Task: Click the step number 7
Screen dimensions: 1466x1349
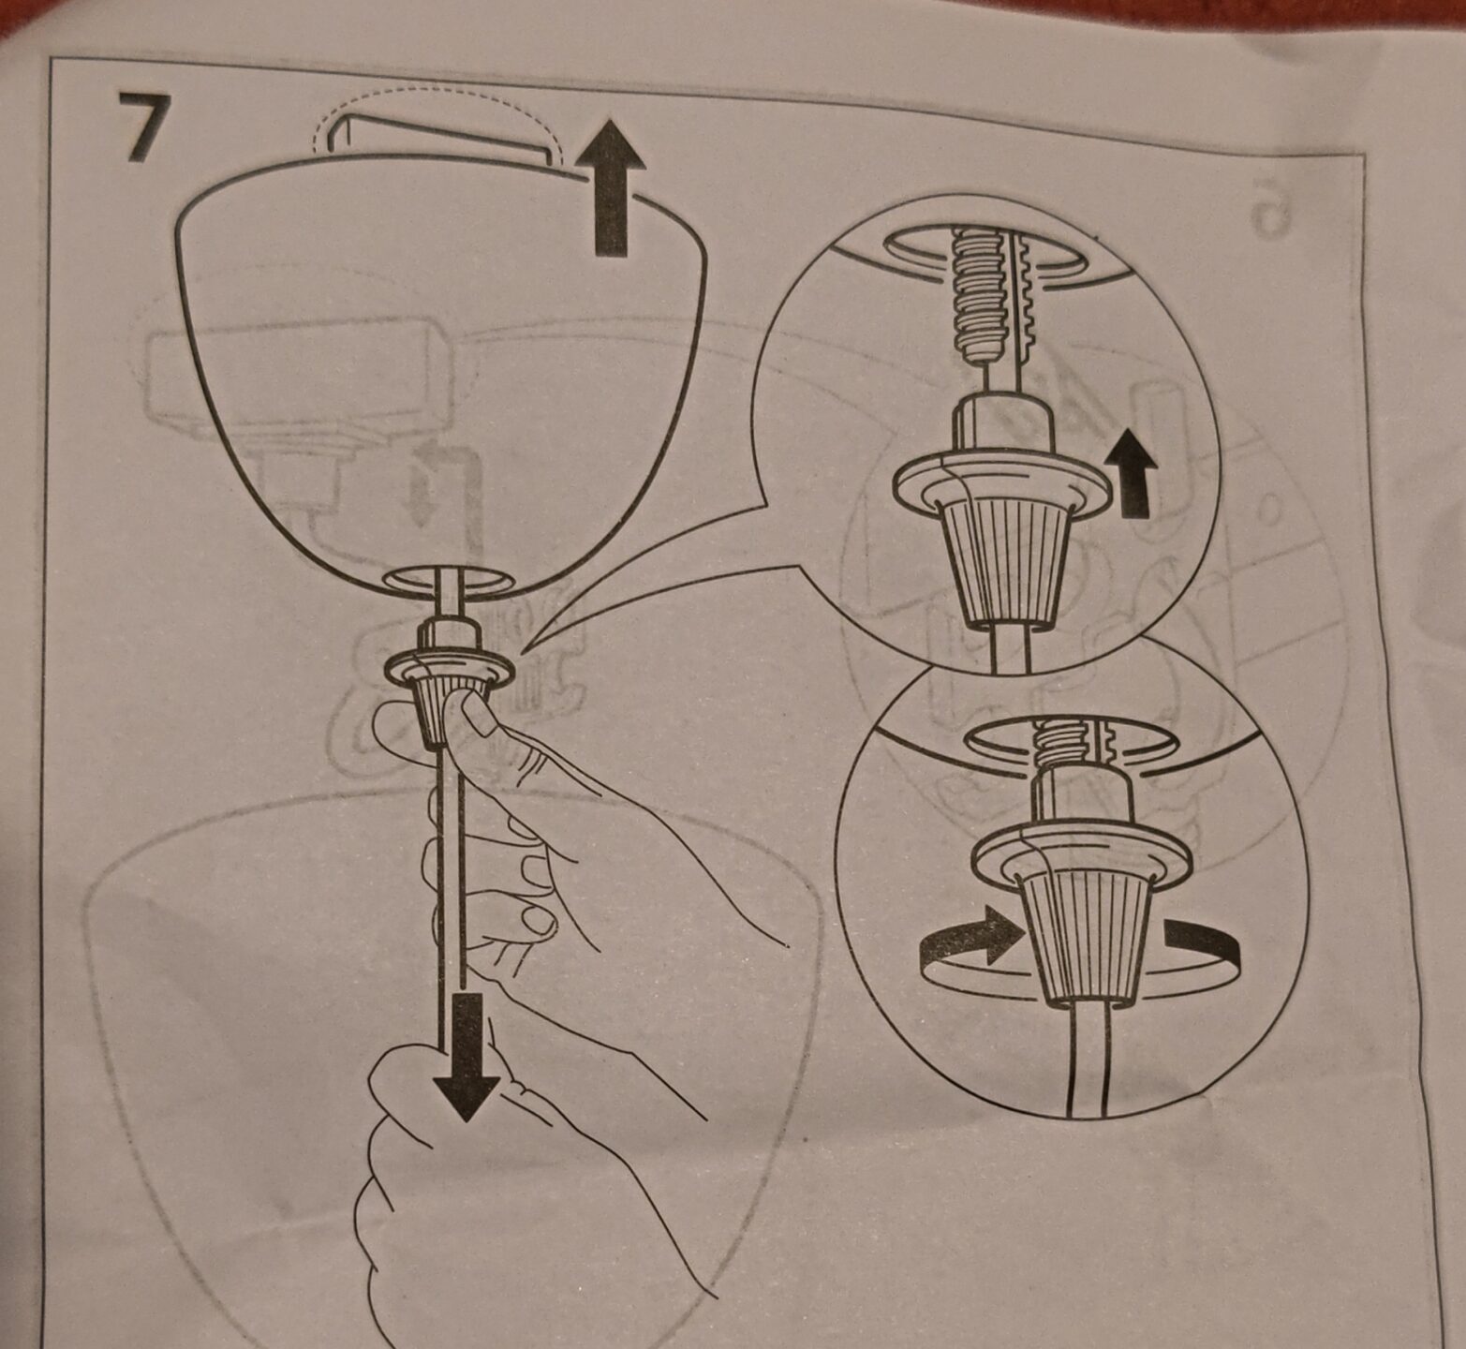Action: coord(142,126)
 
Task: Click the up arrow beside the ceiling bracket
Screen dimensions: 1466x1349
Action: coord(611,186)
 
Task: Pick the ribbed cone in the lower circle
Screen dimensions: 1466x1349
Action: coord(1087,937)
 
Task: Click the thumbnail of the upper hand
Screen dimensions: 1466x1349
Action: coord(480,717)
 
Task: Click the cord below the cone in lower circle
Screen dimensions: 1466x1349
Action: coord(1087,1059)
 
